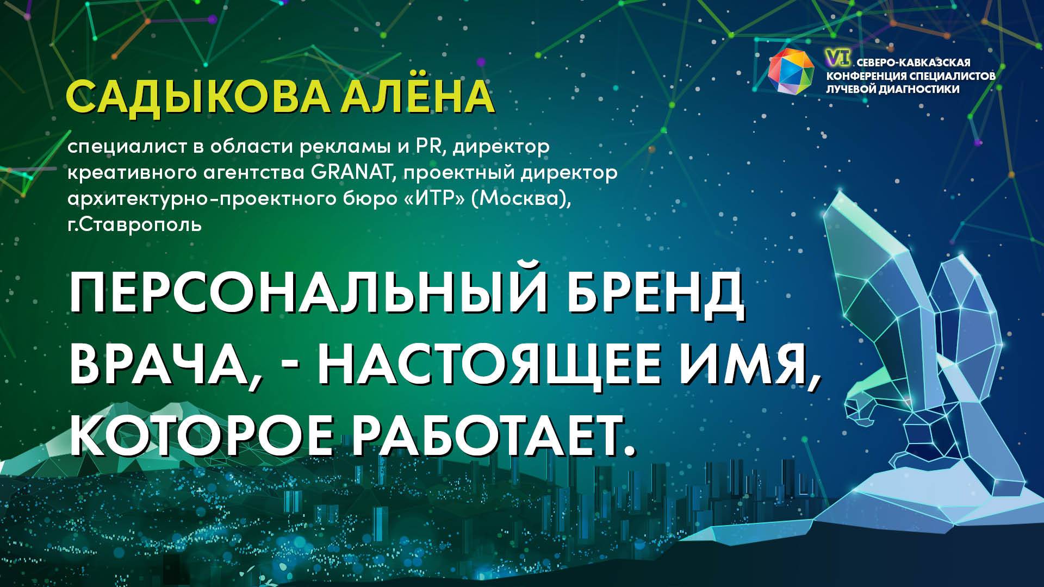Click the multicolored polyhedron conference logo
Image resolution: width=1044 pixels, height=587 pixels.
click(790, 70)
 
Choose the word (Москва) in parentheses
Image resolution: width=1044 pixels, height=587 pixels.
click(522, 199)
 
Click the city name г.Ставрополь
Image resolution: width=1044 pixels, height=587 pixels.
click(134, 224)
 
